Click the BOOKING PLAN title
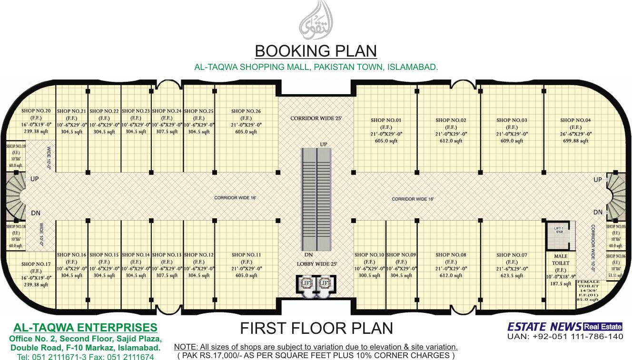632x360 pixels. (x=316, y=51)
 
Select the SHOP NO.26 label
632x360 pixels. (x=246, y=111)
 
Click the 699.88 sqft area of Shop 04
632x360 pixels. (x=575, y=141)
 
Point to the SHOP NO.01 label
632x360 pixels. (x=385, y=120)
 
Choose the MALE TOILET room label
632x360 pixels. (x=560, y=260)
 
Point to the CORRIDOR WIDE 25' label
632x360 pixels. (x=316, y=118)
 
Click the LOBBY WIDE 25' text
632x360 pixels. (x=316, y=264)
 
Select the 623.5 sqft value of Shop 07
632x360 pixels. (x=512, y=275)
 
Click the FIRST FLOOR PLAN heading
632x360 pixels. (x=316, y=328)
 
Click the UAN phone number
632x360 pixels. (x=564, y=337)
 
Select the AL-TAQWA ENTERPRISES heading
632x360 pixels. (x=85, y=328)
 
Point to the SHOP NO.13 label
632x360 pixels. (x=167, y=255)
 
